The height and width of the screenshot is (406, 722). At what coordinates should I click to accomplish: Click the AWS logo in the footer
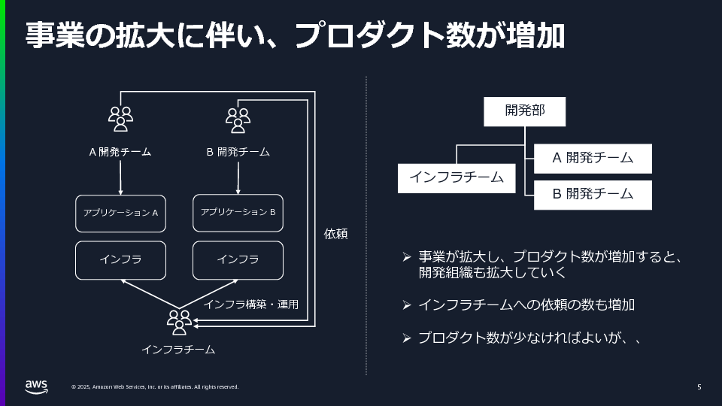click(35, 386)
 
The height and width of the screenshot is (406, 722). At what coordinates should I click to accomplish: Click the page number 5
click(699, 387)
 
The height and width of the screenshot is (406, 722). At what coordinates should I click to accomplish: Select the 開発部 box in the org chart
click(524, 111)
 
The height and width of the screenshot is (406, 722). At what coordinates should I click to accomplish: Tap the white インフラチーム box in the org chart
click(457, 178)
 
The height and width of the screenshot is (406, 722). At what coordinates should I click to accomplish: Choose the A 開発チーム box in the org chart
click(593, 159)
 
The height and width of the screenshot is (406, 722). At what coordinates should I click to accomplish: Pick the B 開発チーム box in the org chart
click(593, 194)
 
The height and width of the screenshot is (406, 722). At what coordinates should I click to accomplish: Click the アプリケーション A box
click(120, 214)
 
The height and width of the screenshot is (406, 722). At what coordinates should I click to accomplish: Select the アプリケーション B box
click(238, 213)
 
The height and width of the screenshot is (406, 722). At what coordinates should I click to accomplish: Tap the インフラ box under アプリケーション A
click(120, 260)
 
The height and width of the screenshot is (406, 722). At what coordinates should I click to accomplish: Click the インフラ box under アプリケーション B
click(238, 260)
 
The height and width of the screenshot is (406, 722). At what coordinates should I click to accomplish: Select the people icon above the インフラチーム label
click(179, 322)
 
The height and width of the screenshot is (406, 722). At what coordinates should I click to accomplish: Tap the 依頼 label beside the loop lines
click(335, 234)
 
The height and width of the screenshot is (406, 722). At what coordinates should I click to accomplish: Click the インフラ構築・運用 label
click(251, 304)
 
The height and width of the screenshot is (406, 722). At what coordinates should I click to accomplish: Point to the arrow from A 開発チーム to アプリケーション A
click(120, 177)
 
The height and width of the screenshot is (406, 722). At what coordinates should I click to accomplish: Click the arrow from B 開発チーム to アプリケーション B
click(238, 177)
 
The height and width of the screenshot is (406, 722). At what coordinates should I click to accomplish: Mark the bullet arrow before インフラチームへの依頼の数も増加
click(406, 304)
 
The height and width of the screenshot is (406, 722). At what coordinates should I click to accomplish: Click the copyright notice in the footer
click(155, 387)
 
